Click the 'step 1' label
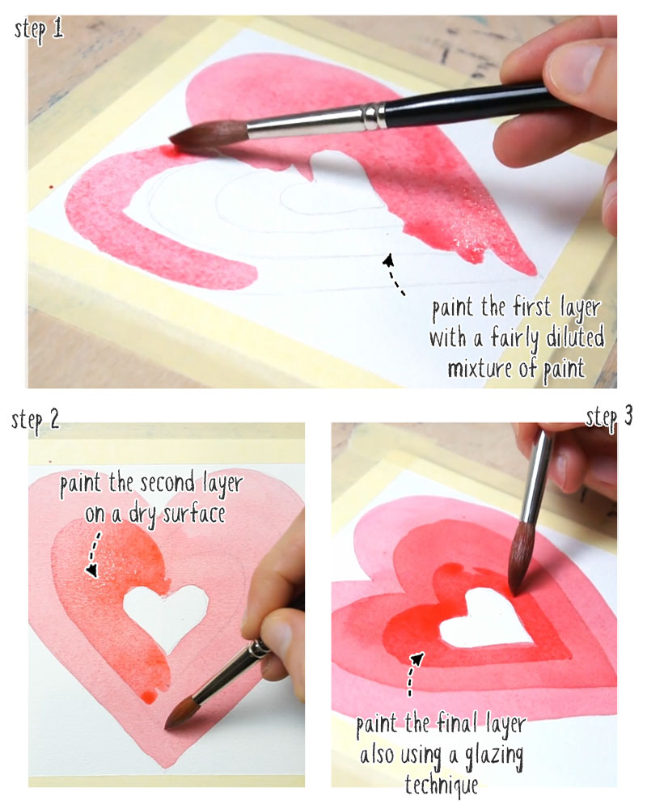(x=40, y=30)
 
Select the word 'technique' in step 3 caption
(x=442, y=781)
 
